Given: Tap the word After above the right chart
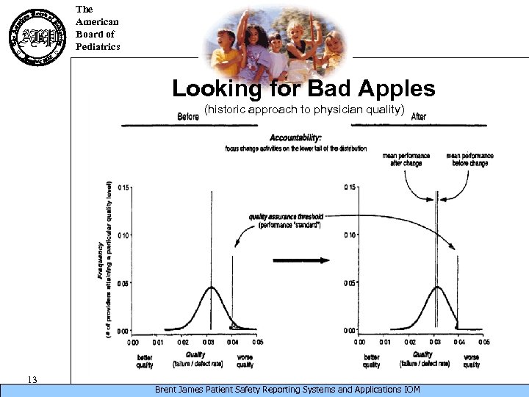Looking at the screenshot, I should click(x=419, y=116).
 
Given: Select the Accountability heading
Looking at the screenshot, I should click(x=295, y=137).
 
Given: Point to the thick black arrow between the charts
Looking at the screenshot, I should click(x=301, y=260).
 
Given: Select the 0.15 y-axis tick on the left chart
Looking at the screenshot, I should click(x=124, y=187).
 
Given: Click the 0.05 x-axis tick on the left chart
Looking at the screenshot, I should click(x=258, y=342).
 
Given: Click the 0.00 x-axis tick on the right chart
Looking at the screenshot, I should click(x=359, y=342).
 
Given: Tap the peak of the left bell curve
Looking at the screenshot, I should click(x=211, y=287).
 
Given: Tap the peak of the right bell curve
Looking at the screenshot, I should click(x=437, y=287).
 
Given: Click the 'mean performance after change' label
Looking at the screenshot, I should click(x=402, y=160).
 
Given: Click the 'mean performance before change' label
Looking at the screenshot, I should click(x=469, y=160).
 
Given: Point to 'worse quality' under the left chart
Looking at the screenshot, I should click(x=245, y=360).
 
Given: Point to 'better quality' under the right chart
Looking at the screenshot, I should click(x=371, y=360).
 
